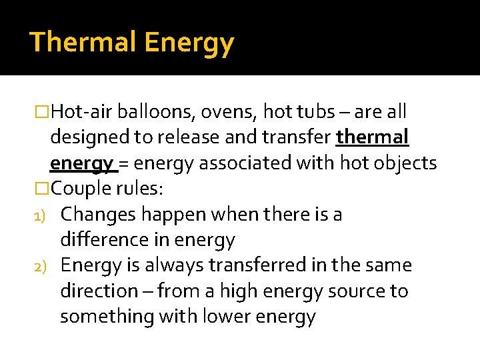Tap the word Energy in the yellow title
pyautogui.click(x=189, y=43)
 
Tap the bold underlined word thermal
pyautogui.click(x=373, y=137)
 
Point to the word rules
pyautogui.click(x=139, y=188)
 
